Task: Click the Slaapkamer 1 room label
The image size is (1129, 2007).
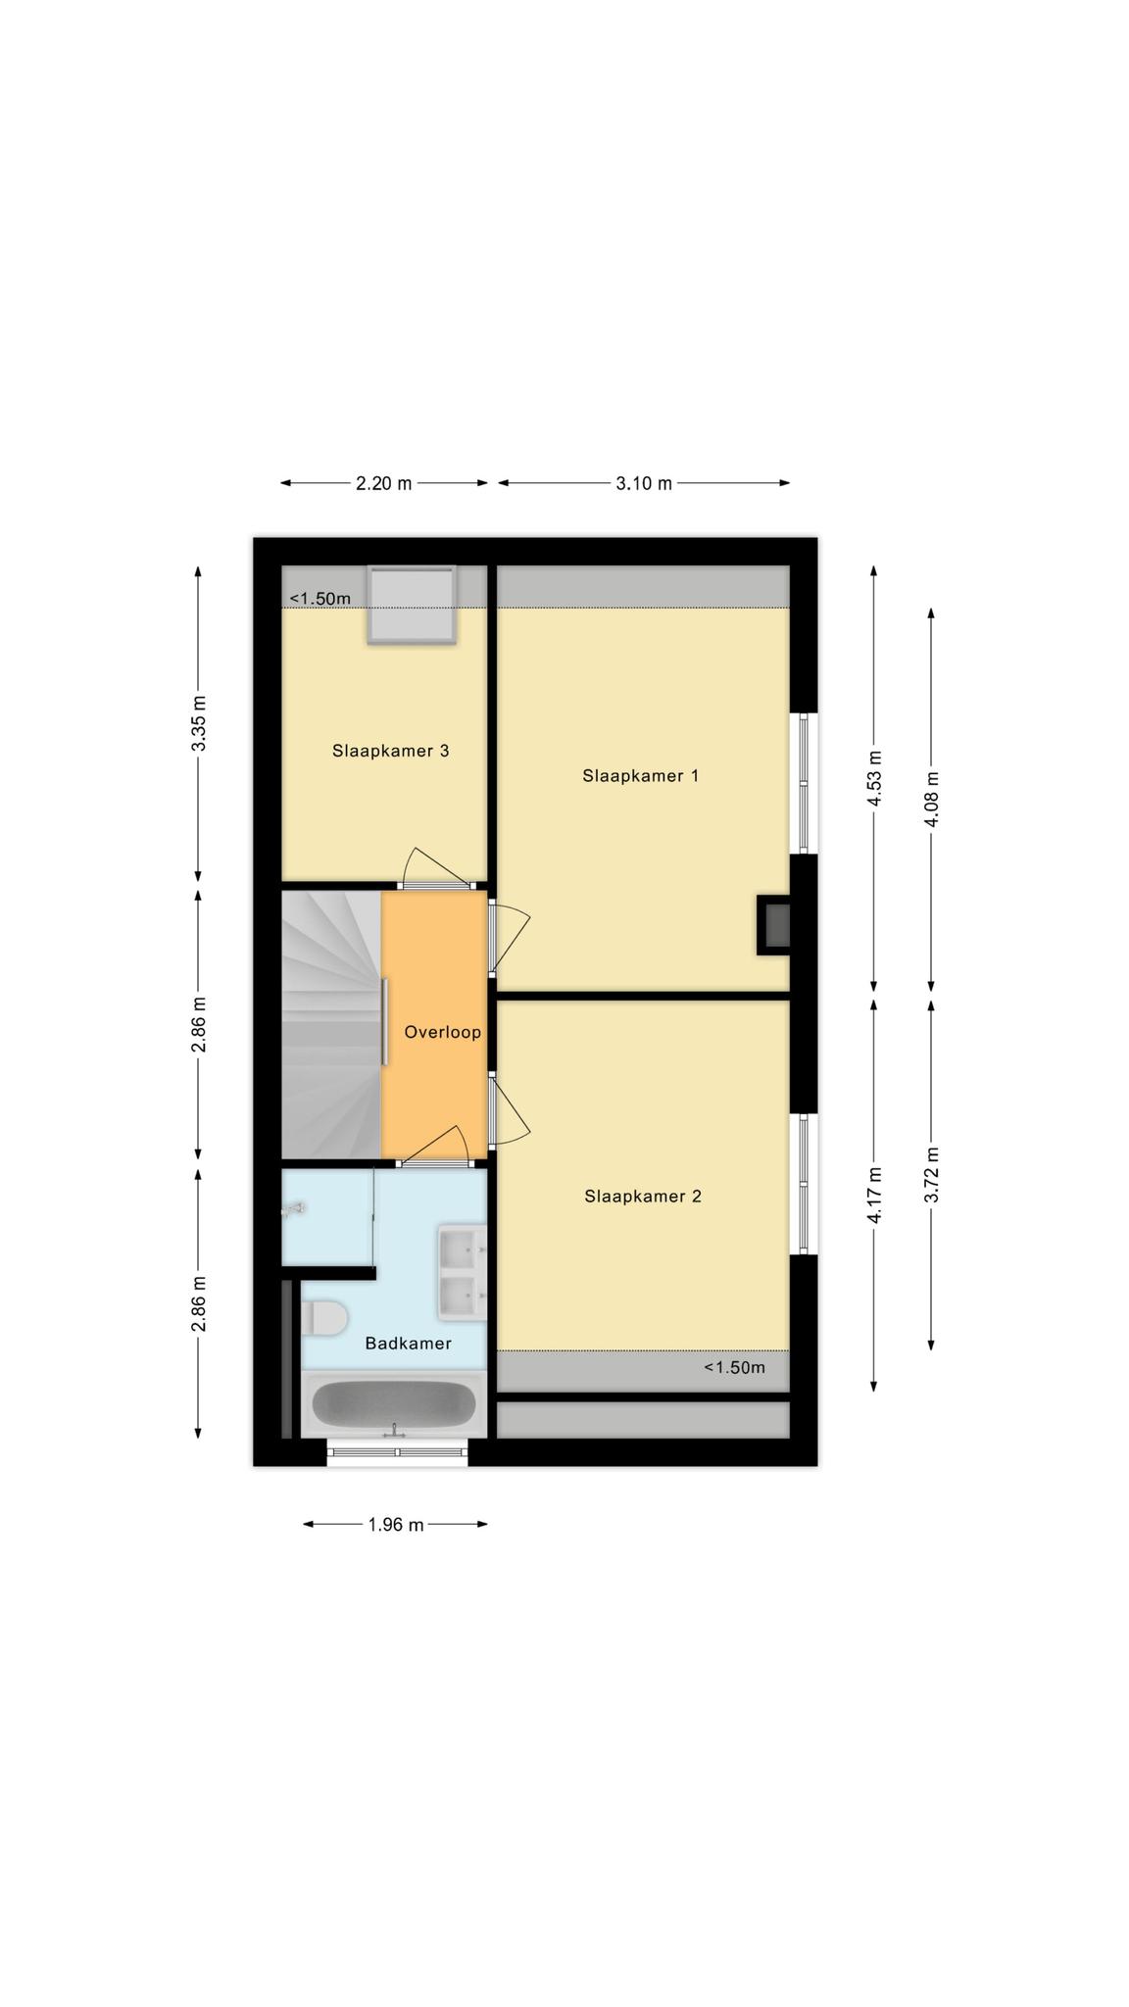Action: coord(641,776)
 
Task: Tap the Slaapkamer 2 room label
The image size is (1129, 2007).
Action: coord(643,1197)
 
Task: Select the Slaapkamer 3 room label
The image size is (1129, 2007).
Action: coord(391,752)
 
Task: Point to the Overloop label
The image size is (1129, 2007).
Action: coord(443,1032)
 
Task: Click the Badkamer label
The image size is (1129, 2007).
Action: coord(409,1344)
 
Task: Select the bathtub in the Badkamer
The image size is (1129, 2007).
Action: coord(394,1404)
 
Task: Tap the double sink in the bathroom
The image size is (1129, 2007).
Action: coord(462,1272)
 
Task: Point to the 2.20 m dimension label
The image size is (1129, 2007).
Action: coord(384,483)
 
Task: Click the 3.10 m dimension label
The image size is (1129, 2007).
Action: coord(644,483)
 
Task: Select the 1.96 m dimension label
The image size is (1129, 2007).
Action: coord(396,1525)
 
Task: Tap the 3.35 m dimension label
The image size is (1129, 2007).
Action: coord(199,723)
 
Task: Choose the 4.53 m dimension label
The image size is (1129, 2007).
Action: coord(875,779)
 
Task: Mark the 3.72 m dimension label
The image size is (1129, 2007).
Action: coord(932,1174)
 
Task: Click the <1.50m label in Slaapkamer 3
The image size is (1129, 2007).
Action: coord(319,599)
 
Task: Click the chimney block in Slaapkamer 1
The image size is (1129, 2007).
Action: coord(774,925)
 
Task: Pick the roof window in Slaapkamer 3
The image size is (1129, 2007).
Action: coord(412,605)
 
